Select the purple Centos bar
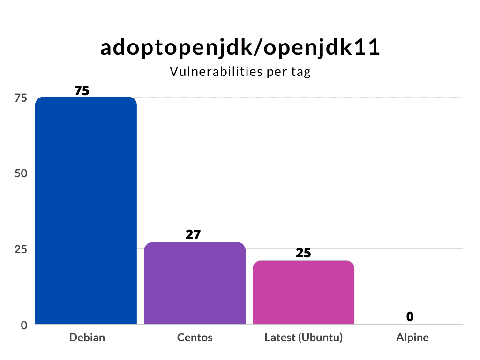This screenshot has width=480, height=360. [195, 283]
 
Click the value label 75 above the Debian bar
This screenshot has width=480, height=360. [82, 91]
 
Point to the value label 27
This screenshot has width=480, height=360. [193, 234]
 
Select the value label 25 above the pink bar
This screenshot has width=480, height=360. [303, 253]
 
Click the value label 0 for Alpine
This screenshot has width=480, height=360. [410, 317]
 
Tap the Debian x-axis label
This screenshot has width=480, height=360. [87, 337]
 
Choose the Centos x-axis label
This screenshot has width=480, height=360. [195, 337]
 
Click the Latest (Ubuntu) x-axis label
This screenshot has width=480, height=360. [303, 337]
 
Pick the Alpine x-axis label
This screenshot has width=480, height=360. [412, 337]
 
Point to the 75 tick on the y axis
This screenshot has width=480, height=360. [21, 97]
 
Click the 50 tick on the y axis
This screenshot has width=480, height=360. [21, 173]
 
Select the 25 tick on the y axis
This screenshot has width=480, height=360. [21, 249]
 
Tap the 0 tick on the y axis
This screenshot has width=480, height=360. [24, 324]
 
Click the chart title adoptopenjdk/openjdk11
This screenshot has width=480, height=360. [240, 48]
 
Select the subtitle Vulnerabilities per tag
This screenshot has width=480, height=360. [240, 72]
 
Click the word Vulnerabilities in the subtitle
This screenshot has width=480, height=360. [215, 72]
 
